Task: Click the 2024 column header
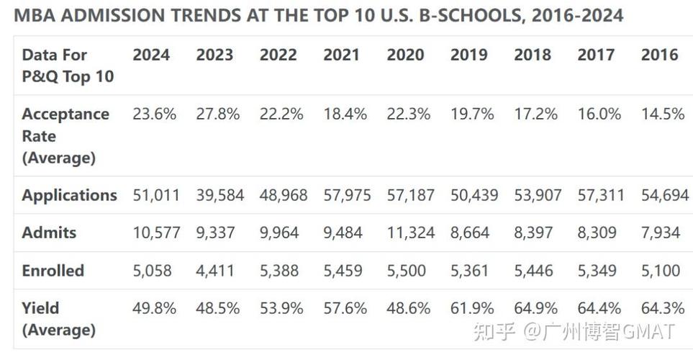(x=151, y=55)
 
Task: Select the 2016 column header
(x=659, y=55)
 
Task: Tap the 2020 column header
(x=405, y=55)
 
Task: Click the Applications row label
(x=69, y=195)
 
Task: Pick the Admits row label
(x=49, y=233)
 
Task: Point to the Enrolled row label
(x=53, y=271)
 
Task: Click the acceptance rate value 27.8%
(x=217, y=114)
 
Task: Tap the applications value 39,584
(x=219, y=195)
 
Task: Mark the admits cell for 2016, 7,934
(x=661, y=233)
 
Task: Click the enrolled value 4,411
(x=215, y=271)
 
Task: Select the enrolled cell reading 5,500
(x=406, y=271)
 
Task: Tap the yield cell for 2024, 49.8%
(x=154, y=308)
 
